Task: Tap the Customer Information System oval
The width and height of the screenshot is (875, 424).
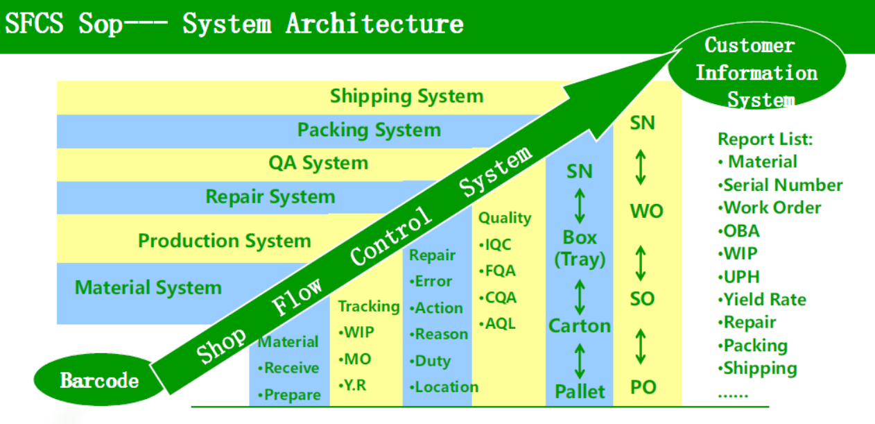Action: [757, 67]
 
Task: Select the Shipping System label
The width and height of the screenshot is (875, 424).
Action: [406, 96]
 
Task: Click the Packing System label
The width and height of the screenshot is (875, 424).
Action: [369, 130]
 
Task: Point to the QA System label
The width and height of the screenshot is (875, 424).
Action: [318, 163]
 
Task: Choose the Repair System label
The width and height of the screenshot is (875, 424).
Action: [270, 196]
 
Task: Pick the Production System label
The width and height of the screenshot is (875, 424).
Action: [225, 241]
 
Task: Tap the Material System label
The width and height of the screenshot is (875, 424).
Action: [148, 288]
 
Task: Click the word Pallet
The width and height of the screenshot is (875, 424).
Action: [580, 391]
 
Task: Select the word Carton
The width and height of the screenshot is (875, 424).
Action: [580, 326]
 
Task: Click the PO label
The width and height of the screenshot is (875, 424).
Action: [643, 387]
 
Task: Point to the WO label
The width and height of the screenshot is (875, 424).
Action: [646, 211]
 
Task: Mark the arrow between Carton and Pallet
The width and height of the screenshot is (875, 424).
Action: [580, 361]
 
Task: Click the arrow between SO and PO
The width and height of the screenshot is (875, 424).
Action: [640, 346]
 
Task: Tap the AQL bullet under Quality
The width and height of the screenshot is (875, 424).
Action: [497, 324]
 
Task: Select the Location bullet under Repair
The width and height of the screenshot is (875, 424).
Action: [444, 387]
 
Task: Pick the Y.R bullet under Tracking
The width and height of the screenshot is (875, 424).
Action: [352, 386]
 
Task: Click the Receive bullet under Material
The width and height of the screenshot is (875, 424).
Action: [288, 368]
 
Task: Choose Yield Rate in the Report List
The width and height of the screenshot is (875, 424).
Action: [762, 300]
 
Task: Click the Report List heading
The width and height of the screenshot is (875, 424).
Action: [765, 139]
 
